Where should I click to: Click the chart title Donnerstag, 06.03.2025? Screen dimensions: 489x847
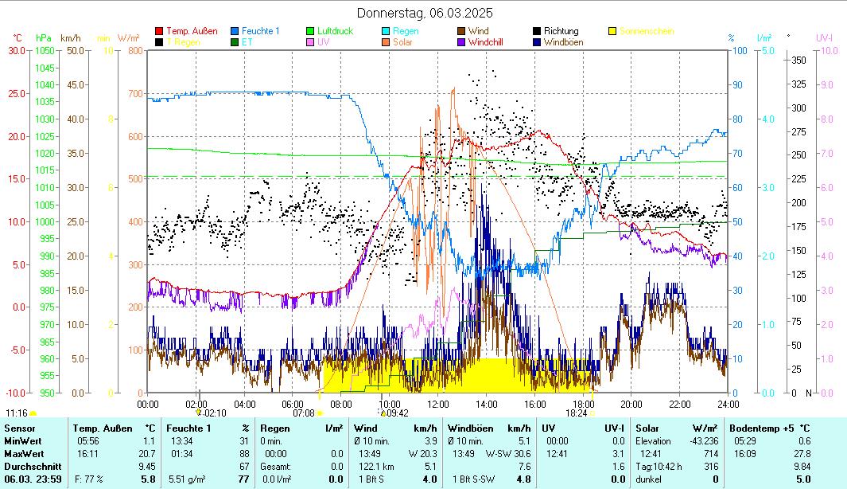(425, 13)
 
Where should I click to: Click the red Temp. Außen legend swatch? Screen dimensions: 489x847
(159, 31)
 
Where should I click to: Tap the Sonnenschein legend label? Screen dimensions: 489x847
(647, 31)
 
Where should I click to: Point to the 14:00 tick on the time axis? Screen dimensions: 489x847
(487, 404)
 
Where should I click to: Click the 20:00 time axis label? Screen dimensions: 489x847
(631, 404)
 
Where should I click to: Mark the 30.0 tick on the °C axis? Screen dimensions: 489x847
(16, 51)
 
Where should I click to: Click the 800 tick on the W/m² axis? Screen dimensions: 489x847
(134, 51)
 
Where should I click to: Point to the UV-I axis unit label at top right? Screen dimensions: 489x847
(824, 37)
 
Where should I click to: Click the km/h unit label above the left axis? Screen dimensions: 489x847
(71, 37)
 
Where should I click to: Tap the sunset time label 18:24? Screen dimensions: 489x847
(576, 413)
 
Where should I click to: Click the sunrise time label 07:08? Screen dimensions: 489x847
(304, 413)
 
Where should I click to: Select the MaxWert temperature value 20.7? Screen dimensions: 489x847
(146, 453)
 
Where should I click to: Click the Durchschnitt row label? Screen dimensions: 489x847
(29, 466)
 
